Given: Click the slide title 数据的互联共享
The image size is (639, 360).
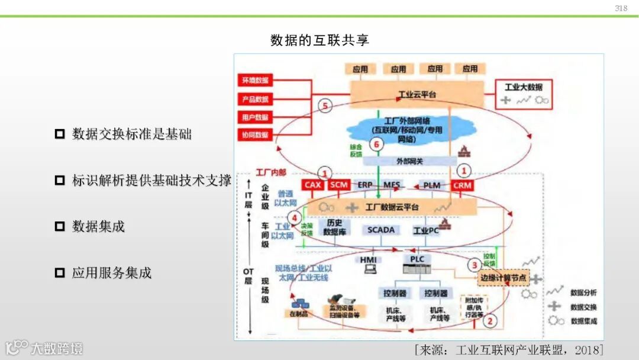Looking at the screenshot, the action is [x=319, y=40].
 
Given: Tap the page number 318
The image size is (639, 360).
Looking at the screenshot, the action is [x=621, y=8].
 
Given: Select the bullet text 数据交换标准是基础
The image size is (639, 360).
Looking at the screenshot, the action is [x=131, y=134].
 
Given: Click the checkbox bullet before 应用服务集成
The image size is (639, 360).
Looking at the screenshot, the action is [x=59, y=272].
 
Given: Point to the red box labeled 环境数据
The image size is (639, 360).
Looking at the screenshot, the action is [x=254, y=80].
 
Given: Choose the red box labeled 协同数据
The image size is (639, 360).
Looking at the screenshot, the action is [x=254, y=135].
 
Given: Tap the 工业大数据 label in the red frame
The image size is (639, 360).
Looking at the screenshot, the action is [x=523, y=87].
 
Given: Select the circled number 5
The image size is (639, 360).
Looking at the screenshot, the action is [x=325, y=106].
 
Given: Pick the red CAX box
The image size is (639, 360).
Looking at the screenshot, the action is [x=313, y=185].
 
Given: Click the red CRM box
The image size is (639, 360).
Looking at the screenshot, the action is [x=462, y=185].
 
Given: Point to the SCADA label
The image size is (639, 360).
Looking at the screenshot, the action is [x=380, y=230].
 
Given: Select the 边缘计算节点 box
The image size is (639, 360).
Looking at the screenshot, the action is [x=502, y=278].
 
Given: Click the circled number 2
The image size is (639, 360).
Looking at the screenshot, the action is [x=489, y=321].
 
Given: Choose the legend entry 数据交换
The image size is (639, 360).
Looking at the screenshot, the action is [x=583, y=307].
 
